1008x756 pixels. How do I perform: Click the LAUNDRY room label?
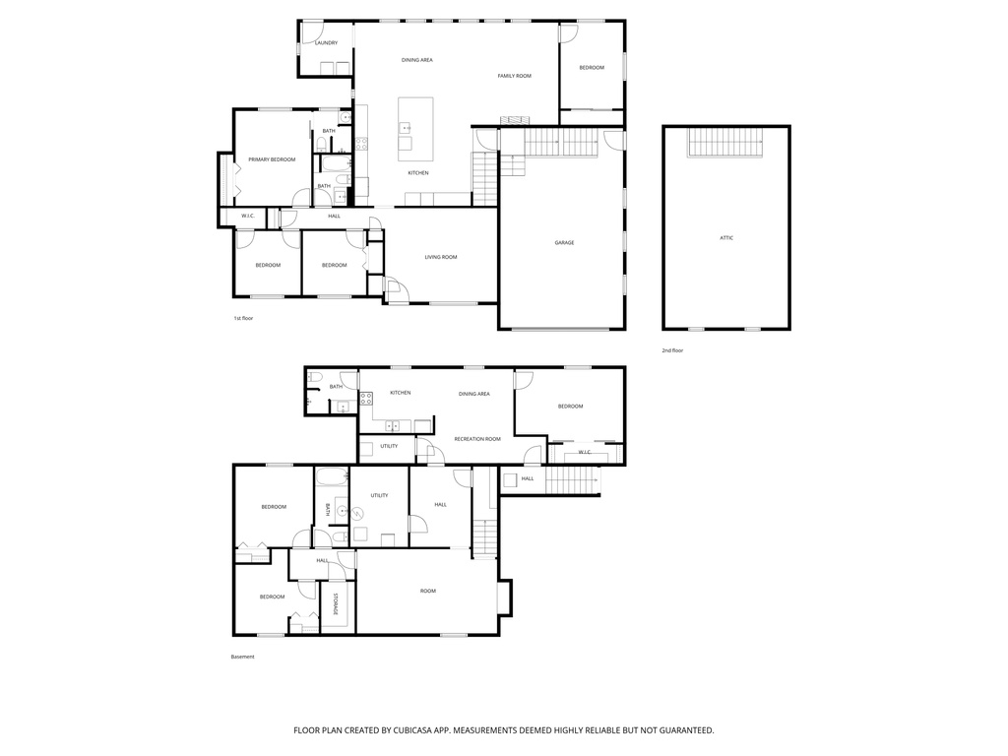(x=326, y=42)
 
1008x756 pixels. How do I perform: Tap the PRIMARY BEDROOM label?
(x=272, y=159)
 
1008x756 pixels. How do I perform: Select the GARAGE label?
(x=563, y=243)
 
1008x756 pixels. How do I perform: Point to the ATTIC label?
(x=725, y=238)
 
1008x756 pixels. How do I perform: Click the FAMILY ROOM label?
(x=514, y=76)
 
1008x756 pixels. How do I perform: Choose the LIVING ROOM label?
(x=441, y=258)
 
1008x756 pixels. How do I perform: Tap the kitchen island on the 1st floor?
(x=415, y=129)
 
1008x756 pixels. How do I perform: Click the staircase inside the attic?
(x=725, y=144)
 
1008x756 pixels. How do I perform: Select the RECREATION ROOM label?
(x=476, y=439)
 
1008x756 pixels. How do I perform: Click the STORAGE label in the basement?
(x=335, y=603)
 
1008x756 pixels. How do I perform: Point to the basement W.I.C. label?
(x=584, y=453)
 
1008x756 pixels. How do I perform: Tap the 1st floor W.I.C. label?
(x=248, y=217)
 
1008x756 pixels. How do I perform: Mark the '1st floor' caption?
(x=243, y=319)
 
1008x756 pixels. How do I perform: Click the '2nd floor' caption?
(x=672, y=350)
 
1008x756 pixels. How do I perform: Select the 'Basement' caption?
(x=242, y=657)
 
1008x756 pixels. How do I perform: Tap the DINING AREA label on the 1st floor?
(x=416, y=60)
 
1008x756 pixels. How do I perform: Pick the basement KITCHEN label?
(x=400, y=393)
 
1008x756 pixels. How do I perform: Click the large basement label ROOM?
(x=427, y=591)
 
